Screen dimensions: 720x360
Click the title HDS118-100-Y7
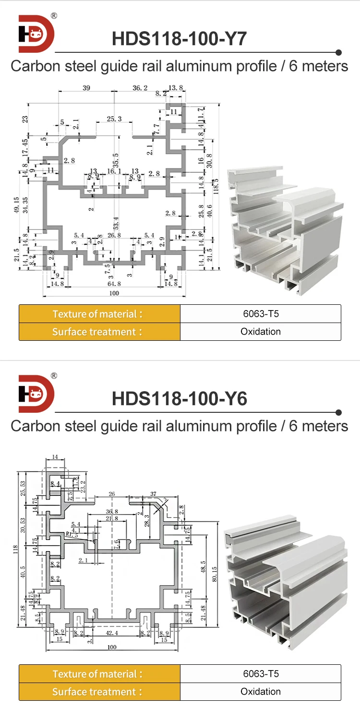179,39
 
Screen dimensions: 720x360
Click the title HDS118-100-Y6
179,399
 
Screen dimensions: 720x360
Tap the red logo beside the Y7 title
36,34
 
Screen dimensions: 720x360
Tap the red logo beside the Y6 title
36,394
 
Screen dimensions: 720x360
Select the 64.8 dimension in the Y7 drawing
114,284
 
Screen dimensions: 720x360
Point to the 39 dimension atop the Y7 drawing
86,88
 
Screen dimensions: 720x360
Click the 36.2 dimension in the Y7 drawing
140,88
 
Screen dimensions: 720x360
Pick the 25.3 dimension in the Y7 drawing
114,119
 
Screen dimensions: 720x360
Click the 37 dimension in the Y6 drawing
153,494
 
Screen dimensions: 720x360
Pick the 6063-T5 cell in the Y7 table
261,314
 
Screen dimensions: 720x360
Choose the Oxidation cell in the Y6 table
261,692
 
